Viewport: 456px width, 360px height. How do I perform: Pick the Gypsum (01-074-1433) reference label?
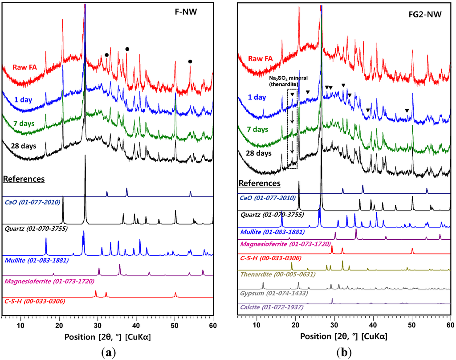269,294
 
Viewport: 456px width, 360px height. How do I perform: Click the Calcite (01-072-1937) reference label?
269,307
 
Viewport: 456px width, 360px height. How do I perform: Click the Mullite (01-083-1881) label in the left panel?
37,260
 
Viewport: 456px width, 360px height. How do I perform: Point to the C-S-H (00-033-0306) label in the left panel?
34,301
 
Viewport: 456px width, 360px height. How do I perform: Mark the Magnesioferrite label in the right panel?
285,244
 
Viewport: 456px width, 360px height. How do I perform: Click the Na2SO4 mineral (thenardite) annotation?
291,80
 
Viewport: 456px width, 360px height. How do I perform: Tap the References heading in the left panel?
23,179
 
